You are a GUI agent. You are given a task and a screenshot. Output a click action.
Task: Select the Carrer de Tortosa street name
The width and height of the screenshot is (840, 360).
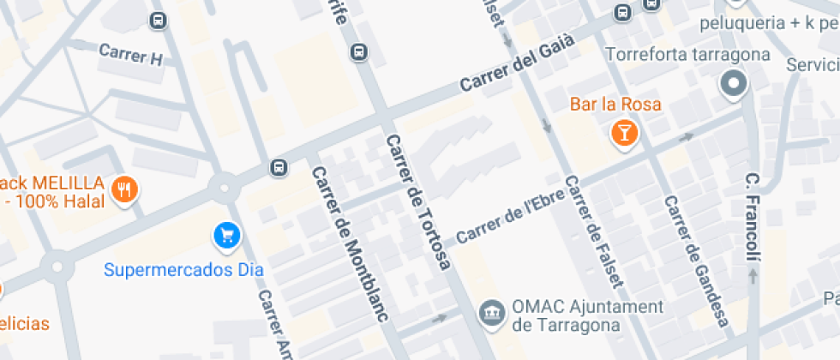417,202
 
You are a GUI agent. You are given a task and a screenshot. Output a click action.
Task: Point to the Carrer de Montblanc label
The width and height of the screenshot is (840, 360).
350,243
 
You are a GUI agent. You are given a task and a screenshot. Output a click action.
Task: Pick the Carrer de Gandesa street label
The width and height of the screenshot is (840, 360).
697,261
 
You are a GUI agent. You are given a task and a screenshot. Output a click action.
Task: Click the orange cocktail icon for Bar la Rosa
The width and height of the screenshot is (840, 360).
623,133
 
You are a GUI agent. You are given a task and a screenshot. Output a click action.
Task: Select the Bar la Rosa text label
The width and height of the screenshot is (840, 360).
615,105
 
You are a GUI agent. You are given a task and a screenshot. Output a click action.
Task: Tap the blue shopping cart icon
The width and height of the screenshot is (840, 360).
226,234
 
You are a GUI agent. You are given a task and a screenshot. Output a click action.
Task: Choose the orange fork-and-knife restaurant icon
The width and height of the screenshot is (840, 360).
125,190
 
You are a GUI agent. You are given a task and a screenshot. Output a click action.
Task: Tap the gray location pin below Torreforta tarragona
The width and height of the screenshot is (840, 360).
734,84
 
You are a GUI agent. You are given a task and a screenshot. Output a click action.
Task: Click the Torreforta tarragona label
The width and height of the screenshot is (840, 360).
687,55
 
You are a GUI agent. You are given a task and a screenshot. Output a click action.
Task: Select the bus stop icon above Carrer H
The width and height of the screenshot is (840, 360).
158,21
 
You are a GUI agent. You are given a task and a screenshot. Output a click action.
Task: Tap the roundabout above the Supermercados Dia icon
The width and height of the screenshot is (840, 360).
224,185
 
